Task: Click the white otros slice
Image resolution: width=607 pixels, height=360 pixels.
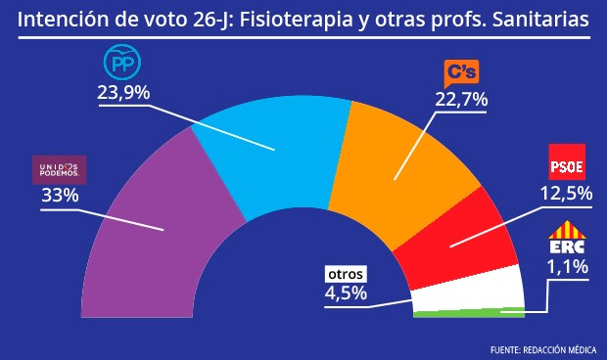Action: click(465, 289)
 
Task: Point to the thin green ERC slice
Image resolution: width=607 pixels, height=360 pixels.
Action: click(470, 313)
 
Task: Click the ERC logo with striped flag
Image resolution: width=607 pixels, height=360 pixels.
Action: click(567, 240)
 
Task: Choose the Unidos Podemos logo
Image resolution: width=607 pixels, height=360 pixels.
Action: click(60, 170)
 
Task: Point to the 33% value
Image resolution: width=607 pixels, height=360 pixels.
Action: click(60, 195)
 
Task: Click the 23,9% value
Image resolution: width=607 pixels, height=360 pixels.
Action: click(122, 93)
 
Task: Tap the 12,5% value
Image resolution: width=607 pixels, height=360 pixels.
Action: click(567, 193)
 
